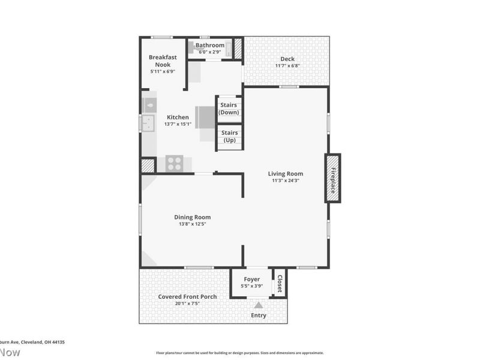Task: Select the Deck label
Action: (287, 59)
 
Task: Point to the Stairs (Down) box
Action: (229, 109)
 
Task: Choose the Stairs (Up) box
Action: (229, 136)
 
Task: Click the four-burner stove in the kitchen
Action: (175, 163)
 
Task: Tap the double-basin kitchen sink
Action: (148, 124)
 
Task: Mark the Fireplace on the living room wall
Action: (332, 178)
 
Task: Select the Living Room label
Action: (286, 174)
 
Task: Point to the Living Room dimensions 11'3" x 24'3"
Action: (286, 181)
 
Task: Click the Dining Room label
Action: (192, 217)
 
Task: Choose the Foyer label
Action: (251, 279)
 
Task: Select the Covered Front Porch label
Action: (187, 296)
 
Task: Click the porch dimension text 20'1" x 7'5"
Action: (187, 304)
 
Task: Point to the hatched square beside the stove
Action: (148, 165)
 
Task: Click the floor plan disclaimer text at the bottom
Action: (239, 353)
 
